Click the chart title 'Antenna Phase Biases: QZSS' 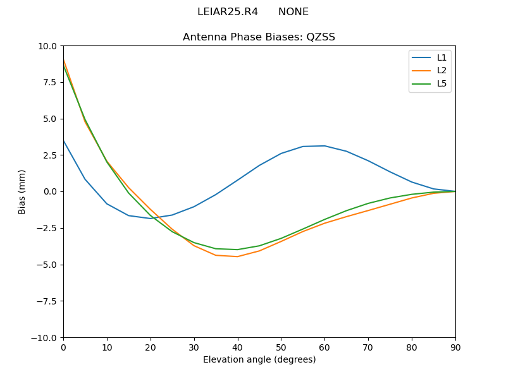tap(259, 37)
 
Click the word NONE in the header tap(293, 12)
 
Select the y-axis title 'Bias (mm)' tap(22, 191)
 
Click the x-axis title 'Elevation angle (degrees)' tap(259, 360)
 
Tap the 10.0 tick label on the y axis tap(47, 46)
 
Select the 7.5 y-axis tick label tap(49, 82)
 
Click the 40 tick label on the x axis tap(237, 347)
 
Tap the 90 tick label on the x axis tap(455, 347)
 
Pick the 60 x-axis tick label tap(324, 347)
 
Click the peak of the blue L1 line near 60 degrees tap(324, 146)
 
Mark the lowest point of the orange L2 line tap(237, 256)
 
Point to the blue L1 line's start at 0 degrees tap(63, 140)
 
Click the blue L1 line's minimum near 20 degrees tap(151, 219)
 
